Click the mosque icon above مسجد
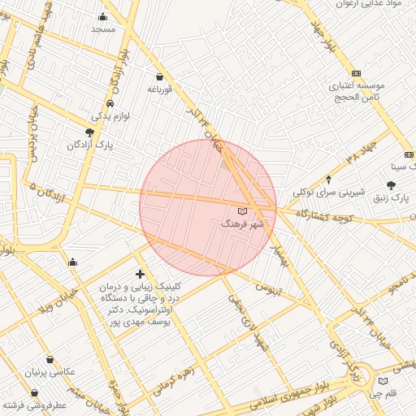[x=102, y=17]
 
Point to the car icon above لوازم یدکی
[x=110, y=105]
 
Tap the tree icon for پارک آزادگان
[x=89, y=132]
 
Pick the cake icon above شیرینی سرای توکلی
[x=328, y=180]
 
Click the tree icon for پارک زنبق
[x=392, y=185]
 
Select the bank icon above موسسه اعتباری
[x=355, y=72]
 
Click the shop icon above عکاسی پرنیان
[x=50, y=360]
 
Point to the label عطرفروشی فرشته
[x=33, y=404]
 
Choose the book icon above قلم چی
[x=383, y=380]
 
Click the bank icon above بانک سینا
[x=408, y=155]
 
